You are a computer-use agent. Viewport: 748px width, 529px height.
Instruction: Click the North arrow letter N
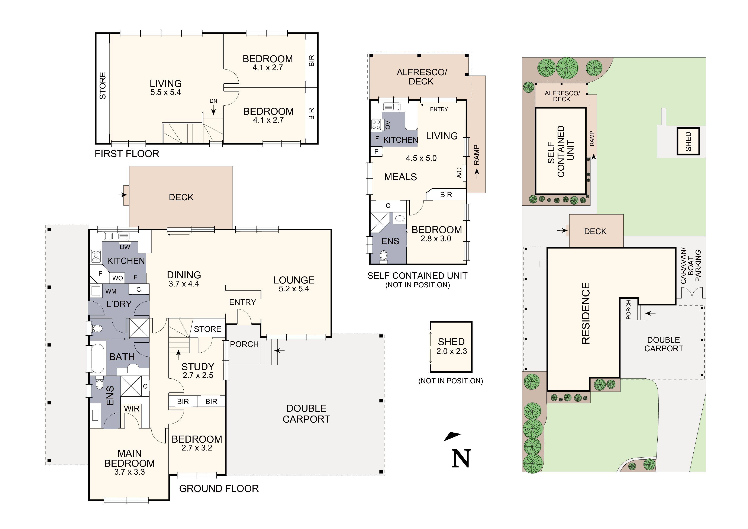461,459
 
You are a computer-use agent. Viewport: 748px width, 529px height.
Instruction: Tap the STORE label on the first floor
103,86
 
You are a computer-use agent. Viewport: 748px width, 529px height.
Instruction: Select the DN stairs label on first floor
213,101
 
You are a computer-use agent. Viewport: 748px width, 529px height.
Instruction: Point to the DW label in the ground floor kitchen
125,247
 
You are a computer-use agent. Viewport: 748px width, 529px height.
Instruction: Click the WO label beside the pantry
118,278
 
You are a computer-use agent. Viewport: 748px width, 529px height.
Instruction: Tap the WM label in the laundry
111,291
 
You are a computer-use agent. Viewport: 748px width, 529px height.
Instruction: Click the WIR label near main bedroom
132,409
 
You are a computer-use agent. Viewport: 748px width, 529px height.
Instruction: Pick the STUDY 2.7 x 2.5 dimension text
198,375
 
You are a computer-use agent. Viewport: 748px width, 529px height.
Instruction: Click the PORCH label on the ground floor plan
244,344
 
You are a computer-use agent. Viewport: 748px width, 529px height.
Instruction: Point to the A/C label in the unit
459,173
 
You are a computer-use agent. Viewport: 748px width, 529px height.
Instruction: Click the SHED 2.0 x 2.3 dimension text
452,351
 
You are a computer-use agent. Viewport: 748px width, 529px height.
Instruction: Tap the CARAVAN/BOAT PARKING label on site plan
690,266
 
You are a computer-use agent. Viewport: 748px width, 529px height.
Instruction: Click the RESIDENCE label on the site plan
586,313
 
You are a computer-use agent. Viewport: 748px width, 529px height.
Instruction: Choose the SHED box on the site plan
688,141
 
